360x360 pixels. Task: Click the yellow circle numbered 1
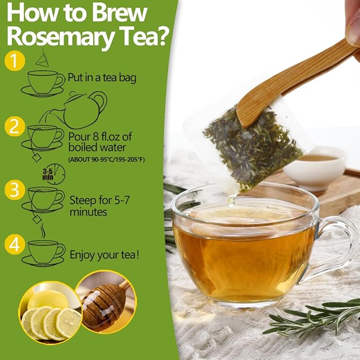[x=14, y=60]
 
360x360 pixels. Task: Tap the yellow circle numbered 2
[x=14, y=127]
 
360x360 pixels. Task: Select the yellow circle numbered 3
[x=14, y=189]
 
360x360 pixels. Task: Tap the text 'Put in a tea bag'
[x=102, y=78]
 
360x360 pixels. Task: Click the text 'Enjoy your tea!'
[x=105, y=255]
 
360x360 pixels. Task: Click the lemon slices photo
[x=49, y=313]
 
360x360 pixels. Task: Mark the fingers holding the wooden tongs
[x=352, y=21]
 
